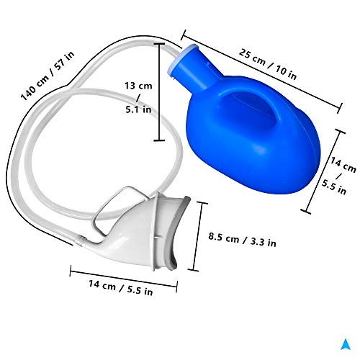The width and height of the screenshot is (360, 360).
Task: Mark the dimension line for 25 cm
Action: point(260,69)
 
